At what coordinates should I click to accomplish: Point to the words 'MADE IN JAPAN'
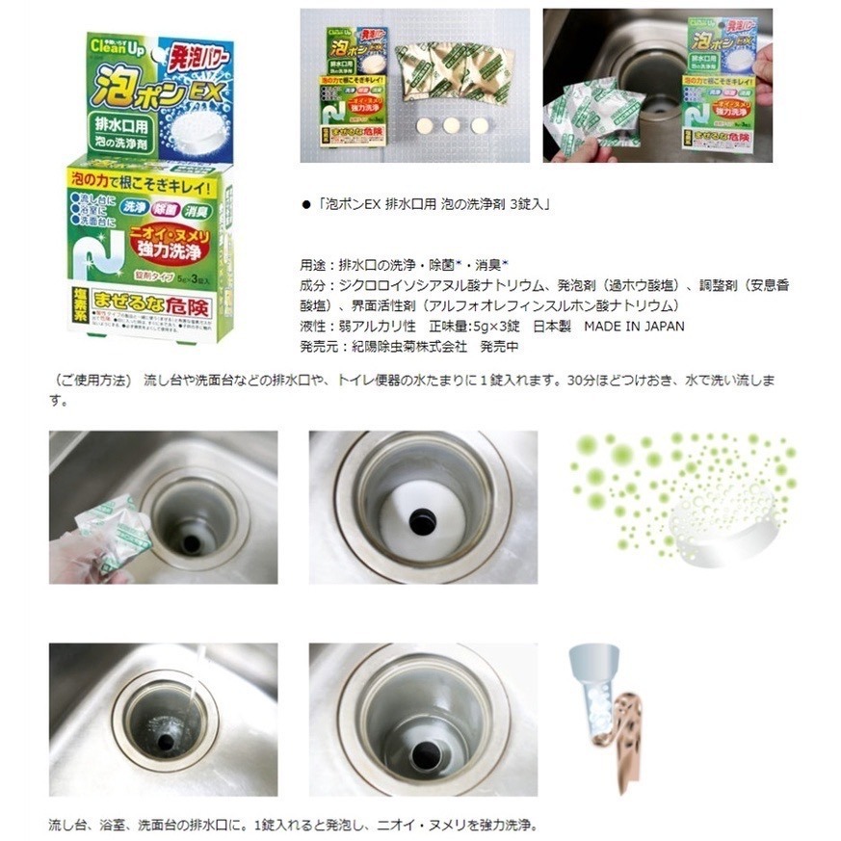coord(637,326)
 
